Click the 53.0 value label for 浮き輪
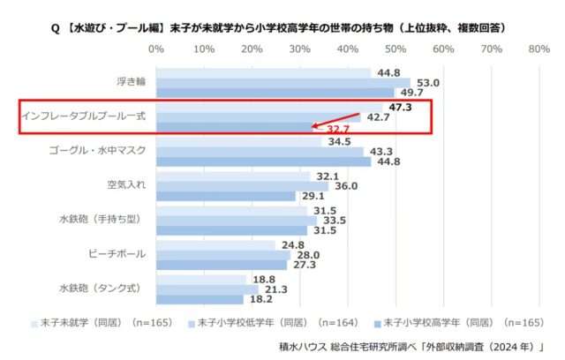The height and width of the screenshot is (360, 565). point(428,82)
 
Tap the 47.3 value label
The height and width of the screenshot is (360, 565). point(401,106)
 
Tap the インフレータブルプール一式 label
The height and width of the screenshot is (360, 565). point(84,116)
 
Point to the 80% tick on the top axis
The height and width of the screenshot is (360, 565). point(539,49)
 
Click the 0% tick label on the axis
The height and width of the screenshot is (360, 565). point(157,49)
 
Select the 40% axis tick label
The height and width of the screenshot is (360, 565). point(348,49)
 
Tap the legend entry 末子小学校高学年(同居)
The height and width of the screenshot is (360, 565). point(458,323)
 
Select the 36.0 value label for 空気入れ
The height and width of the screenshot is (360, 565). point(347,185)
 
